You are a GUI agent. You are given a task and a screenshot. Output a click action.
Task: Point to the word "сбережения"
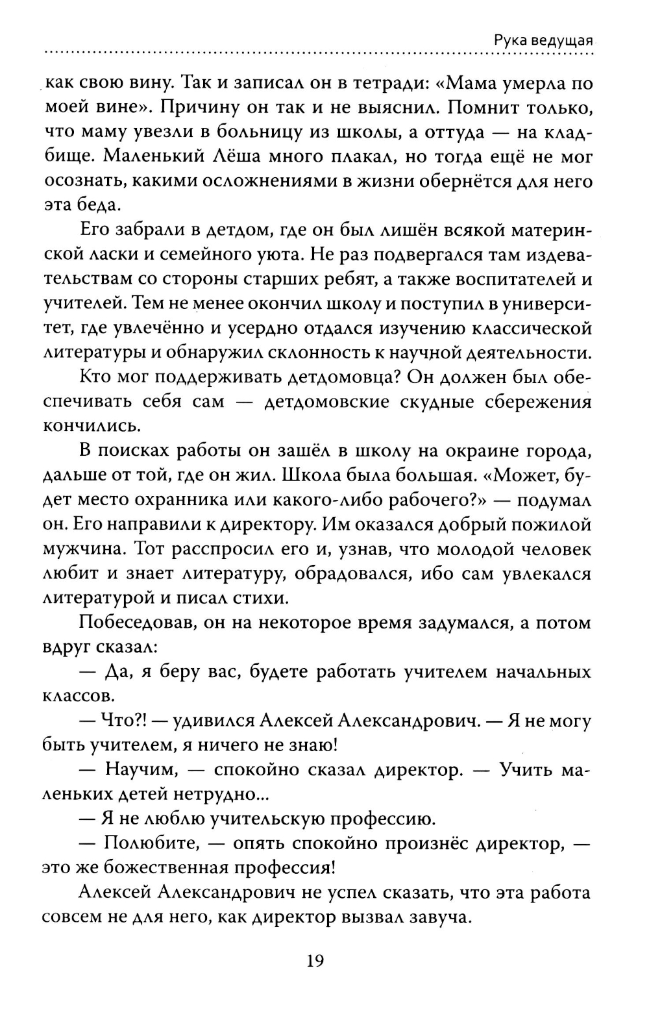[x=538, y=402]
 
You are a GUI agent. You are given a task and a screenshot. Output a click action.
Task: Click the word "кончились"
[x=90, y=426]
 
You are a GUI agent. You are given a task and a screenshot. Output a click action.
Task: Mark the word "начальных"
[x=543, y=671]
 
